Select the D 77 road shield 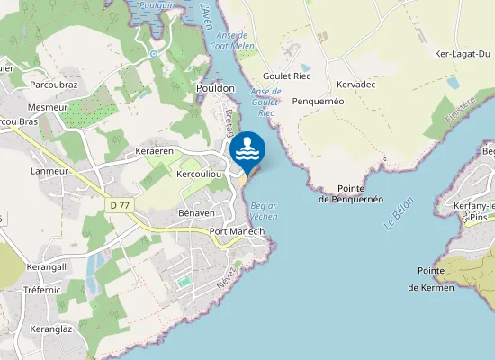(x=119, y=205)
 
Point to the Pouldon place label (x=215, y=88)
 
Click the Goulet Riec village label (x=286, y=76)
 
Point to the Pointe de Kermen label (x=434, y=279)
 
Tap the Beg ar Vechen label (x=263, y=212)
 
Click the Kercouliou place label (x=200, y=173)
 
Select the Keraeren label (x=153, y=150)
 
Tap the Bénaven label (x=196, y=213)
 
